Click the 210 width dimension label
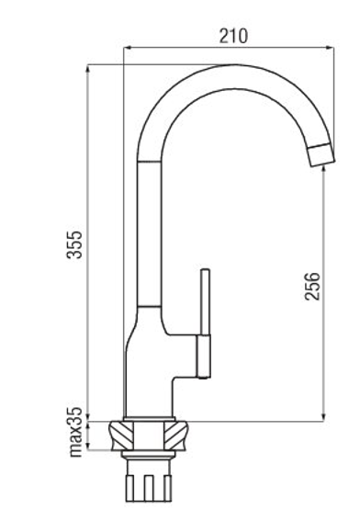coord(233,36)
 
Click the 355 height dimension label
coord(74,244)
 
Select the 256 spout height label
coord(312,286)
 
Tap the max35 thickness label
coord(74,431)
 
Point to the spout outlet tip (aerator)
coord(321,155)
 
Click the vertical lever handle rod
coord(206,302)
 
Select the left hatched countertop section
coord(121,436)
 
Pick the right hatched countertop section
coord(175,436)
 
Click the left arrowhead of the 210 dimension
coord(128,49)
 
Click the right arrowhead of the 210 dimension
coord(330,49)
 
